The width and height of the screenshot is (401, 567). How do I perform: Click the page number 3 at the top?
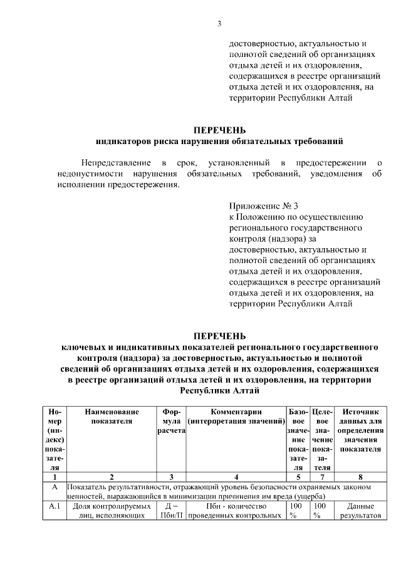coord(219,24)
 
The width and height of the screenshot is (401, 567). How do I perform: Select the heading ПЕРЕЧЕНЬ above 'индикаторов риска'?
coord(219,130)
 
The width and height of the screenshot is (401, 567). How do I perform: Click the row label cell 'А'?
coord(55,487)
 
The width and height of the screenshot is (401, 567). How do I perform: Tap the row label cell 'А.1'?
coord(55,506)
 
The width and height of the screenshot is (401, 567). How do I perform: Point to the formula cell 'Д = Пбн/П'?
coord(170,511)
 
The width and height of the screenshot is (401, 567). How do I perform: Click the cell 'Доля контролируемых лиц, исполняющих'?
coord(112,511)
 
